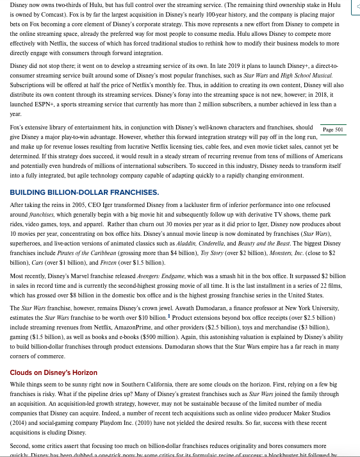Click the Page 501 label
tap(333, 129)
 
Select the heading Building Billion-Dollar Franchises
tap(85, 192)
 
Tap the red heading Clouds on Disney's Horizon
tap(54, 372)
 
